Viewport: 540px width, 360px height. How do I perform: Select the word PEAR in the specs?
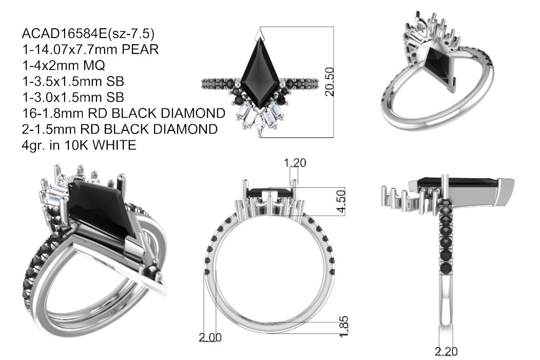coord(140,50)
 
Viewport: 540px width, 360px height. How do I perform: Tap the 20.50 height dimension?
coord(330,82)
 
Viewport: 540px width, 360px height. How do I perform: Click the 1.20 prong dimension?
coord(295,163)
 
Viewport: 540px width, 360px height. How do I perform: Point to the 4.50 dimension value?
coord(341,201)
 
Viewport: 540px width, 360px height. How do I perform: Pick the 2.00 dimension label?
coord(210,337)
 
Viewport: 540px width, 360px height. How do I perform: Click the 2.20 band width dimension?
coord(446,352)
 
